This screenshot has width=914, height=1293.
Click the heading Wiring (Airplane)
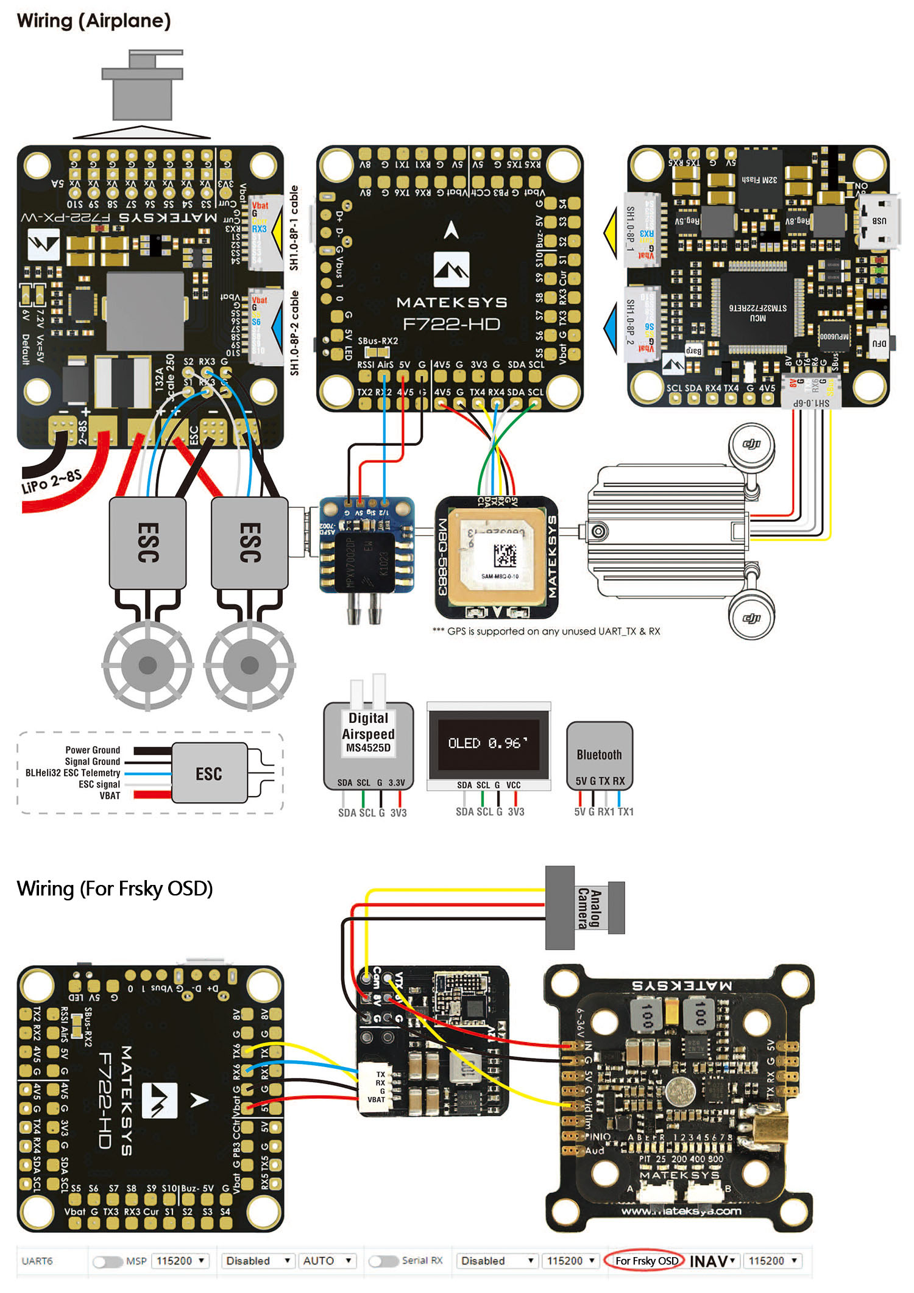tap(94, 21)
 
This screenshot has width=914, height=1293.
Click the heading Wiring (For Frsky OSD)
tap(115, 889)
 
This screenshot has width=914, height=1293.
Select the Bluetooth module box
tap(600, 755)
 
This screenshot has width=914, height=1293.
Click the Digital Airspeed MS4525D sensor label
tap(368, 733)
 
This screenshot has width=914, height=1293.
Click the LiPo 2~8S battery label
tap(51, 481)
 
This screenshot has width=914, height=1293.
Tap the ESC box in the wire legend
tap(209, 773)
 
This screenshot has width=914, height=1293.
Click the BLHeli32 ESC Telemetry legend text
tap(73, 773)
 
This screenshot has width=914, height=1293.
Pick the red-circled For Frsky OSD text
tap(646, 1261)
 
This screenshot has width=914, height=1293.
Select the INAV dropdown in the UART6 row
tap(712, 1261)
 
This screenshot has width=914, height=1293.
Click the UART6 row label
tap(37, 1261)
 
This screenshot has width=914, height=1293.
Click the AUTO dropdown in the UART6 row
tap(328, 1261)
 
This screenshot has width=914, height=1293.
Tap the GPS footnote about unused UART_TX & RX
tap(547, 632)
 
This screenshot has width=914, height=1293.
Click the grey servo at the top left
tap(143, 85)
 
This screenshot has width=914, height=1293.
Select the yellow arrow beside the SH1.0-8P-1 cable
tap(277, 232)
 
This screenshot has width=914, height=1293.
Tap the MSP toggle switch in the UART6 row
tap(107, 1261)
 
